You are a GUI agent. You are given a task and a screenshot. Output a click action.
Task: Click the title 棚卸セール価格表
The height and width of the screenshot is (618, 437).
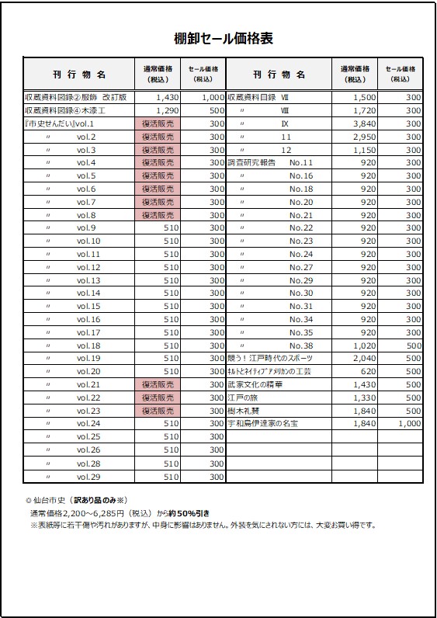click(223, 39)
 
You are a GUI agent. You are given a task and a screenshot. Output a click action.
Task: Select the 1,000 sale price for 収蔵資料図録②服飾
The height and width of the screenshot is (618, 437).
click(212, 98)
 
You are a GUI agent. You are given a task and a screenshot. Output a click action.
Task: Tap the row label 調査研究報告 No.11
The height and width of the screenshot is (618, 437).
click(270, 163)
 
